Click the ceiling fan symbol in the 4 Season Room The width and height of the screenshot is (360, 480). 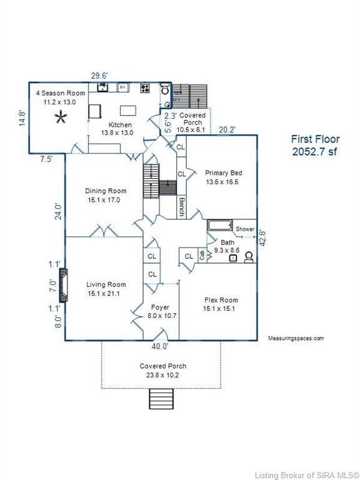61,117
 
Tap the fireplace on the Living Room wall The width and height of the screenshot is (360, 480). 63,285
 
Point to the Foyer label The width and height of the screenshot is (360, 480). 160,307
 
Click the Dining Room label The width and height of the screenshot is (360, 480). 106,191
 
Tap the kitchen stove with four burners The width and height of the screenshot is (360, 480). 145,88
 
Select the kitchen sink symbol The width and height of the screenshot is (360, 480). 103,87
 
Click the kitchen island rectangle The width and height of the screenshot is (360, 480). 128,111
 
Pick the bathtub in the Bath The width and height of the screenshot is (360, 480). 220,225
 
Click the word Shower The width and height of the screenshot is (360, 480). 245,229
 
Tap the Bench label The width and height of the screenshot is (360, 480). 181,207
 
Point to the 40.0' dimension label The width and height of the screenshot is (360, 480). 160,346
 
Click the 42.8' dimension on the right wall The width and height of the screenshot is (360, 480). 262,238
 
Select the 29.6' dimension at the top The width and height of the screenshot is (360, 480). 99,76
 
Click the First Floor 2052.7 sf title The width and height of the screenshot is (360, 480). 315,146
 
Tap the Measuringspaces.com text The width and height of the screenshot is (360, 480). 296,338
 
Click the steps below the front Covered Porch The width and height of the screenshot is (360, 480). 161,399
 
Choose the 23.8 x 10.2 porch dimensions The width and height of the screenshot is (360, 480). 162,375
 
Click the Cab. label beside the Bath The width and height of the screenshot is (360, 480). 202,256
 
